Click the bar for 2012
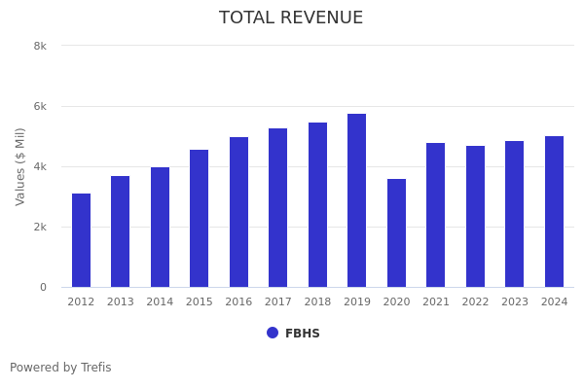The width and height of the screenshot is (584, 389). tap(81, 240)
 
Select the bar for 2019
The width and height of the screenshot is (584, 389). tap(357, 200)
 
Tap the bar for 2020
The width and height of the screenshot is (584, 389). tap(396, 233)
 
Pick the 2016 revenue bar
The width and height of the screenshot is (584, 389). tap(238, 212)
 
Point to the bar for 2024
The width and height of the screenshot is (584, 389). tap(554, 212)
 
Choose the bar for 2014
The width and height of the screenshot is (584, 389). tap(160, 228)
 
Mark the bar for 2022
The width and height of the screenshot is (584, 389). tap(475, 217)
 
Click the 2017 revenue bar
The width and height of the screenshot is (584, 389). tap(278, 208)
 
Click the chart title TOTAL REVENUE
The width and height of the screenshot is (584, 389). tap(291, 18)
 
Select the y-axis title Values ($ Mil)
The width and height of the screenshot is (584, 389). tap(20, 166)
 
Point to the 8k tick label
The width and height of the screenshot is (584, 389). tap(40, 46)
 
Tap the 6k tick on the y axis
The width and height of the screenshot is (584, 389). tap(40, 106)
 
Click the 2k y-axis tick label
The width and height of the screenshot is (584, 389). tap(40, 227)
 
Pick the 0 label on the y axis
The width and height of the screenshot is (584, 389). tap(43, 287)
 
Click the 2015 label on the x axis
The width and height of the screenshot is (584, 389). tap(200, 302)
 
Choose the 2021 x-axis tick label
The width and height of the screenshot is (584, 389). tap(436, 302)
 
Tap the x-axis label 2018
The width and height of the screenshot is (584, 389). tap(317, 302)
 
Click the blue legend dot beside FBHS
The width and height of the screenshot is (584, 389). tap(273, 333)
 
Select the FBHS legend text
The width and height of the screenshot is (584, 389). tap(303, 334)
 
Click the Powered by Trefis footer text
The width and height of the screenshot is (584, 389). tap(60, 368)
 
